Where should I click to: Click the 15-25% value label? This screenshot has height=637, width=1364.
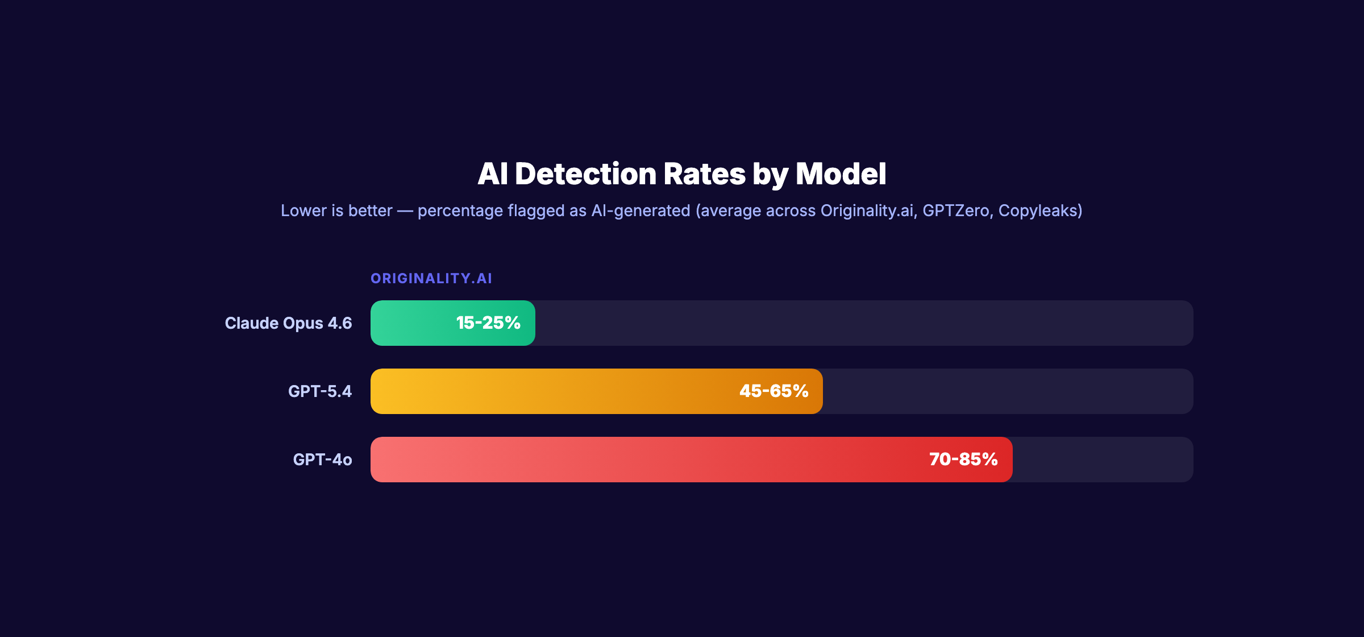tap(488, 323)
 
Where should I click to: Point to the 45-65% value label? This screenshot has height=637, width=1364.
tap(774, 391)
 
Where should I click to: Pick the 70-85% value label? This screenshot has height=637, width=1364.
tap(963, 460)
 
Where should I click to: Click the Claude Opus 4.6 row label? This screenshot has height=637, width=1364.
tap(288, 323)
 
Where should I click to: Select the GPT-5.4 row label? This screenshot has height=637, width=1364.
tap(320, 391)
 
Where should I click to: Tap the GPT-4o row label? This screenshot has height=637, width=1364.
tap(322, 460)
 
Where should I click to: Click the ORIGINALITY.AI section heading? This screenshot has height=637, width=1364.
tap(431, 279)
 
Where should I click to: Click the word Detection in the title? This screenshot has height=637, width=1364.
tap(585, 174)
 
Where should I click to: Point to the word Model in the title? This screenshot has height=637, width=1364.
tap(841, 174)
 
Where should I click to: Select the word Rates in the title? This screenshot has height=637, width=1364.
tap(704, 174)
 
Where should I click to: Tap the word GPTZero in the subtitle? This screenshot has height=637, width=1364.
tap(956, 211)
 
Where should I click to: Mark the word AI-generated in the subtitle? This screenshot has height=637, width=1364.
tap(641, 211)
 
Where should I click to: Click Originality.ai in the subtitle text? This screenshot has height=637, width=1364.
tap(867, 211)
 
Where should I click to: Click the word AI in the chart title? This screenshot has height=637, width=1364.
tap(492, 174)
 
